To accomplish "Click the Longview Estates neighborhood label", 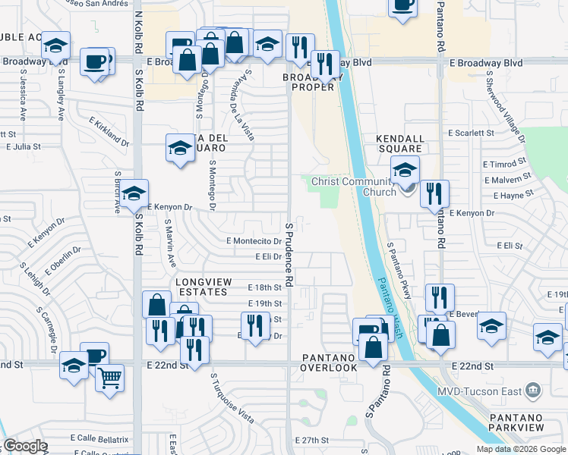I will [x=201, y=286].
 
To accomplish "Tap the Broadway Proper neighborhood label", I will [x=308, y=82].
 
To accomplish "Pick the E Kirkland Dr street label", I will [x=109, y=130].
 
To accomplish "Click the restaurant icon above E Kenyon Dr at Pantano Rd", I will [x=434, y=193].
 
